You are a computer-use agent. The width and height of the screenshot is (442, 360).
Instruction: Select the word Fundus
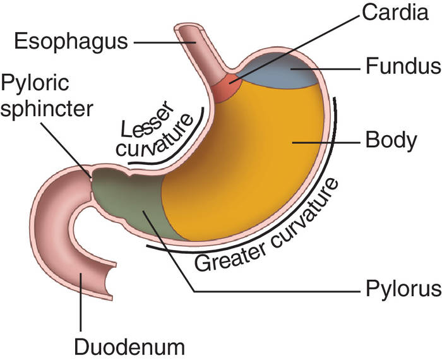click(402, 66)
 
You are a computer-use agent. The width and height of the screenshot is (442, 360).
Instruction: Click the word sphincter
click(47, 107)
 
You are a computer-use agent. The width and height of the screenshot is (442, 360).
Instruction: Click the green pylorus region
click(136, 202)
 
